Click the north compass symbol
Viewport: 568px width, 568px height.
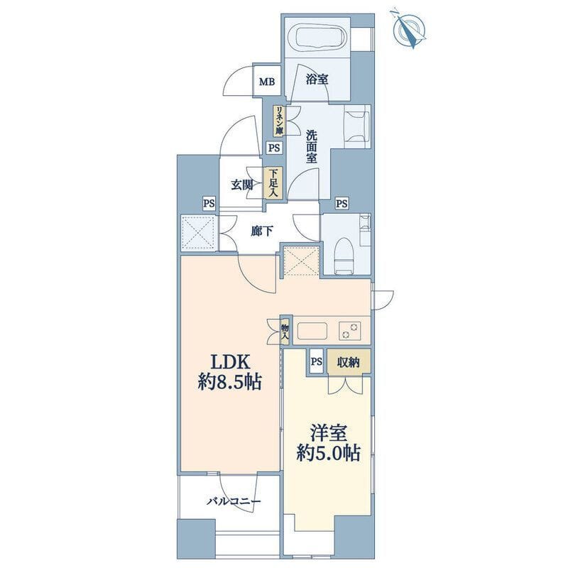[x=409, y=30]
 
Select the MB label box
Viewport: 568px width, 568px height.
[x=267, y=82]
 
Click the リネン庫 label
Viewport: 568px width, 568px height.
[x=279, y=121]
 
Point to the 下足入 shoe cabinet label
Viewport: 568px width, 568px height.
[x=273, y=183]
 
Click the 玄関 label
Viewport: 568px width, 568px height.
[x=242, y=185]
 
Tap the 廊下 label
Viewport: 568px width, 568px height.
[x=262, y=231]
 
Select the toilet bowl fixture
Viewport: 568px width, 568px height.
[x=344, y=254]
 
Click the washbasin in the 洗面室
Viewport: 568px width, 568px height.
[x=357, y=126]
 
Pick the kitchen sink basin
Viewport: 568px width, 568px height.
[x=312, y=332]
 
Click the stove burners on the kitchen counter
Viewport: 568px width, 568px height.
[x=350, y=331]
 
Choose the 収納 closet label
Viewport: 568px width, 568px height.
[x=349, y=362]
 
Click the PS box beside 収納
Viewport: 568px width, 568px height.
[x=316, y=362]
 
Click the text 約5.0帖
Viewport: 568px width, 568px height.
[x=329, y=452]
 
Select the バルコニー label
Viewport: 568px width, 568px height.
[x=234, y=501]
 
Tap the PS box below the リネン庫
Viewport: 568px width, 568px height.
[x=274, y=148]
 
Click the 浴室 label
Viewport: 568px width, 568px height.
[x=317, y=79]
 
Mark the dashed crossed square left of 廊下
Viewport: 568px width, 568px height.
[x=198, y=232]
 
